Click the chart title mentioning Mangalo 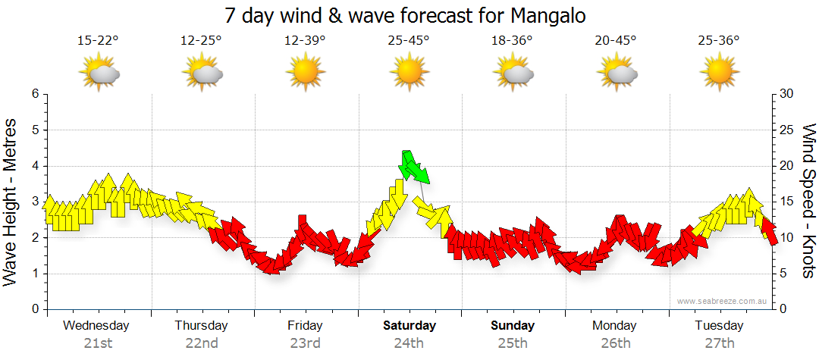coord(406,15)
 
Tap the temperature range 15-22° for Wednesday coord(98,41)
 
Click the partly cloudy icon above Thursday coord(202,74)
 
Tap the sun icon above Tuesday coord(719,73)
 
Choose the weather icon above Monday coord(616,74)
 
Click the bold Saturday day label coord(409,326)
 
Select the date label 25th coord(513,343)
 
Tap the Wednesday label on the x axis coord(96,326)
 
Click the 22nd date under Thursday coord(202,343)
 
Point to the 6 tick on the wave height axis coord(34,94)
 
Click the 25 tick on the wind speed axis coord(787,130)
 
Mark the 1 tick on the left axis coord(34,274)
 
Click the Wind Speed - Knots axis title coord(808,202)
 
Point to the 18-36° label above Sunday coord(512,41)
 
